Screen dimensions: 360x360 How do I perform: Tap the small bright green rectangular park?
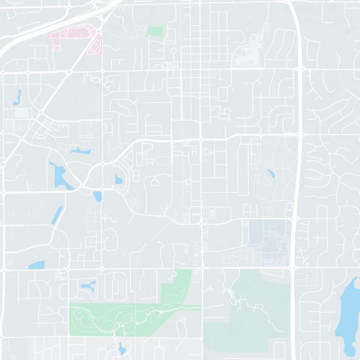(x=154, y=31)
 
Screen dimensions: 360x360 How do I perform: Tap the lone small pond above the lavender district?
(x=270, y=173)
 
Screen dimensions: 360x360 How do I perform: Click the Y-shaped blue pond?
(x=87, y=285)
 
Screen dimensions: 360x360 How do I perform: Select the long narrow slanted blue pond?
(x=57, y=215)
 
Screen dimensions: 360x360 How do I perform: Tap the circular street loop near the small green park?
(x=173, y=51)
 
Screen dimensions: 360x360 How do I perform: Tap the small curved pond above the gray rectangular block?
(x=19, y=95)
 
